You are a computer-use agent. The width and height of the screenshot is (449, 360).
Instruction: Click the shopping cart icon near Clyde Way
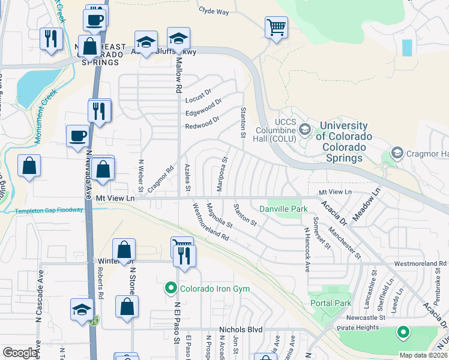pos(276,26)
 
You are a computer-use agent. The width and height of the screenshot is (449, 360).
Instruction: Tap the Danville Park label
pos(283,209)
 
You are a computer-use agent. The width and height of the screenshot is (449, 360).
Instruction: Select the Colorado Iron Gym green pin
pos(171,289)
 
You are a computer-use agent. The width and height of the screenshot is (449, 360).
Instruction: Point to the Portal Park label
pos(331,303)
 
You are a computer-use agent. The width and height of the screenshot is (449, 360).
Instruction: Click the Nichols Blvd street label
pos(241,329)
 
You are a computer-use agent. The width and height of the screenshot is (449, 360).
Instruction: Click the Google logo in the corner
pos(20,353)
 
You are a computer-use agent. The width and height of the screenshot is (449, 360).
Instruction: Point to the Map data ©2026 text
pos(423,355)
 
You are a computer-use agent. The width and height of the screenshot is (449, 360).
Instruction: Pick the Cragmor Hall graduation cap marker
pos(397,154)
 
